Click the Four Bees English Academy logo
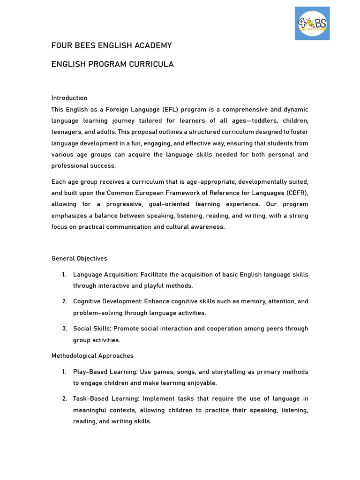tap(312, 23)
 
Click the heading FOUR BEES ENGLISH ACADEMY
tap(112, 45)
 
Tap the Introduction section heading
tap(69, 98)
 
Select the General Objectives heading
tap(79, 259)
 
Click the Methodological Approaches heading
tap(92, 356)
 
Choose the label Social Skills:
tap(92, 329)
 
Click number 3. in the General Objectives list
tap(64, 329)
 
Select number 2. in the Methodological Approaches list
tap(64, 399)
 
